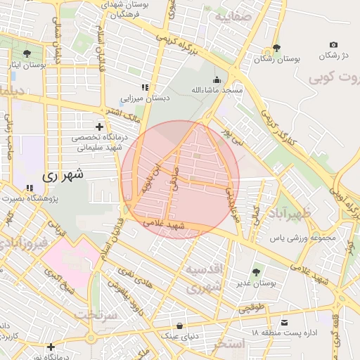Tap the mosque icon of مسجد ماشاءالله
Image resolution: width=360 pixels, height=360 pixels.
tap(217, 79)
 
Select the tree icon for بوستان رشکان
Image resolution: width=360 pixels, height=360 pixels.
tap(276, 49)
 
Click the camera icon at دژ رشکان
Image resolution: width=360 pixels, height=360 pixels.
tap(333, 44)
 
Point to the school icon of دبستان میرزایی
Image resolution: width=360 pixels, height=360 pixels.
tap(144, 87)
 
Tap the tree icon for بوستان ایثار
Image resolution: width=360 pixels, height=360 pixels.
tap(27, 53)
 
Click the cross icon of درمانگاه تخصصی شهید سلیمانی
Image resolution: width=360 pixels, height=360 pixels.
tap(100, 127)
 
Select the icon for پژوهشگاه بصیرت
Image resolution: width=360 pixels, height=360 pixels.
tap(30, 188)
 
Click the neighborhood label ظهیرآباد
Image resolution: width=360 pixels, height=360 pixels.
tap(285, 212)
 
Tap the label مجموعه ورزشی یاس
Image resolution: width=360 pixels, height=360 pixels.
tap(304, 238)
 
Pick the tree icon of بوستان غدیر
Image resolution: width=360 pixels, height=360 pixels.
tap(255, 271)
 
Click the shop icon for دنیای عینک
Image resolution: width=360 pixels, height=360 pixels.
tap(181, 326)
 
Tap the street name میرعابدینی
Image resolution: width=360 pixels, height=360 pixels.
tap(232, 200)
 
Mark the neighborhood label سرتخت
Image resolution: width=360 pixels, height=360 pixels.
tap(94, 314)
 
